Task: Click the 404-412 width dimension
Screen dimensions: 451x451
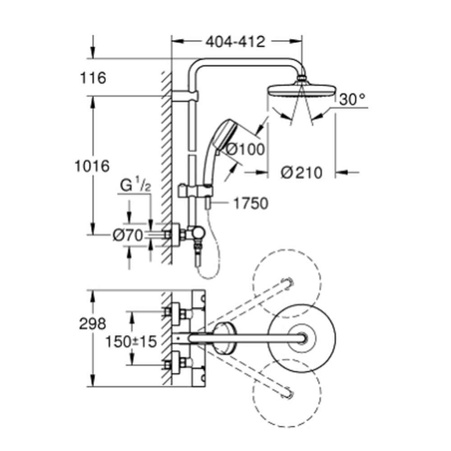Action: [235, 41]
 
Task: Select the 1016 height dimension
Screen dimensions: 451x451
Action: [92, 166]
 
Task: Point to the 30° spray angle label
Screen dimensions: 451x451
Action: [352, 100]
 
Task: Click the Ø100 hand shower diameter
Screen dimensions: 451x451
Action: [246, 148]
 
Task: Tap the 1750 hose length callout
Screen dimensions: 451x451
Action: [250, 203]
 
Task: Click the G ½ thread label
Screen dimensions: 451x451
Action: [134, 186]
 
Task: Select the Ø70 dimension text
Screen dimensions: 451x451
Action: [128, 235]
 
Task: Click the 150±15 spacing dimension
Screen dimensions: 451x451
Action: [131, 341]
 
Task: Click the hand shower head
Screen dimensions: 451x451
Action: [224, 133]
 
